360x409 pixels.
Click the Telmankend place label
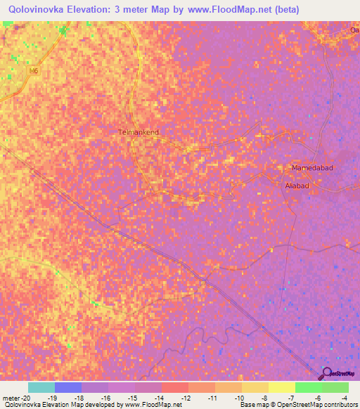138,131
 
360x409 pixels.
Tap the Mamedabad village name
311,168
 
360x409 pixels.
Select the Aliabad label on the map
297,186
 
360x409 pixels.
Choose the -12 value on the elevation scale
187,397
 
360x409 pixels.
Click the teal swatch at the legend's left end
41,387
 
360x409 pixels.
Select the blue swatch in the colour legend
67,387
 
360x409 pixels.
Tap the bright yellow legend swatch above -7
281,387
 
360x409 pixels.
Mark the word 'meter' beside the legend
12,397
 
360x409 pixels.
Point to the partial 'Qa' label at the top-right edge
354,30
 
